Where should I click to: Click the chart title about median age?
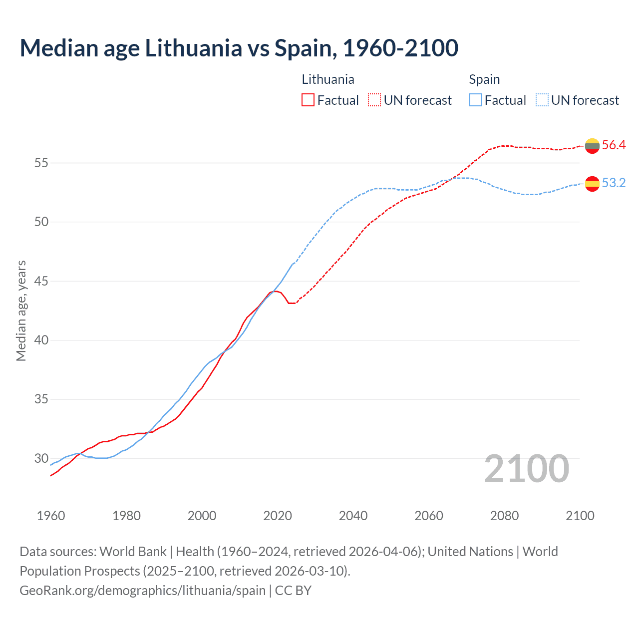pos(239,48)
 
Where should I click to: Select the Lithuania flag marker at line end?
pos(592,146)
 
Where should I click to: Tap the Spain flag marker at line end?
pos(592,184)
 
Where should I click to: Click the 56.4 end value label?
pos(614,145)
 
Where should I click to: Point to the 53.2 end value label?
pos(614,183)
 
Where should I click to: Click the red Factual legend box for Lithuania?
pos(308,100)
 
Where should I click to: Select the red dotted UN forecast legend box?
pos(374,100)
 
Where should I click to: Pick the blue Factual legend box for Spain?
pos(476,100)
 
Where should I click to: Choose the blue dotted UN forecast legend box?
pos(542,100)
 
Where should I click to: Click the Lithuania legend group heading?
pos(328,79)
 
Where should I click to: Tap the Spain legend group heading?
pos(484,79)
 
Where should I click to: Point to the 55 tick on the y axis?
pos(41,163)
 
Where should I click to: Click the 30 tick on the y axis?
pos(41,458)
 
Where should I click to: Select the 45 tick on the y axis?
pos(41,281)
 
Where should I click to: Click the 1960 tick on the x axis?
pos(51,516)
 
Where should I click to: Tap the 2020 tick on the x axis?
pos(278,516)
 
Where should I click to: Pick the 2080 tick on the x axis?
pos(504,516)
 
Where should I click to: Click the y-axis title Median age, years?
pos(21,311)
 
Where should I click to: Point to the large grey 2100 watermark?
pos(527,468)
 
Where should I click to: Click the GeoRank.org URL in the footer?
pos(143,591)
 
